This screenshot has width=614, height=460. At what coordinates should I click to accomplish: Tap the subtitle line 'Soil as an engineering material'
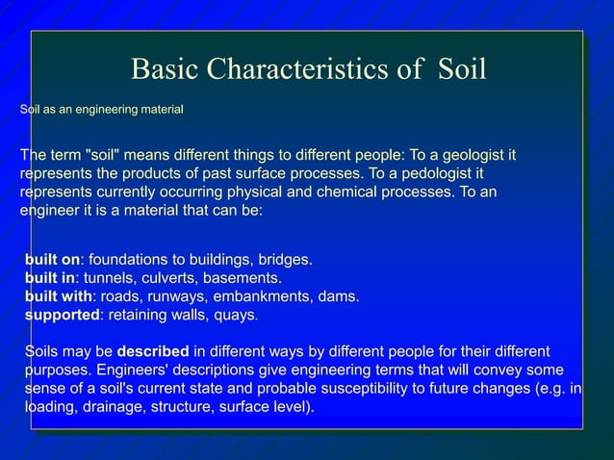pos(102,111)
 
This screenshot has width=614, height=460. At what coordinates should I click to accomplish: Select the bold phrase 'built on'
pos(52,260)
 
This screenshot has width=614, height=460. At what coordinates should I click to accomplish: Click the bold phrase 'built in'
pos(50,278)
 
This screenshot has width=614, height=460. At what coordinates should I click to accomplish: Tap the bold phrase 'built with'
pos(59,296)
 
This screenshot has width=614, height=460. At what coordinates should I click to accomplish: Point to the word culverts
pos(168,278)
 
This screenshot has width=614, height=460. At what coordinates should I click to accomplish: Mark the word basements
pos(243,278)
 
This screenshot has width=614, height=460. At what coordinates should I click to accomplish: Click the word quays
pos(237,315)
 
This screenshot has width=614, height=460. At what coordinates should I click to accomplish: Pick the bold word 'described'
pos(152,351)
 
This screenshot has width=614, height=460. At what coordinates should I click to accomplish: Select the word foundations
pos(126,260)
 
